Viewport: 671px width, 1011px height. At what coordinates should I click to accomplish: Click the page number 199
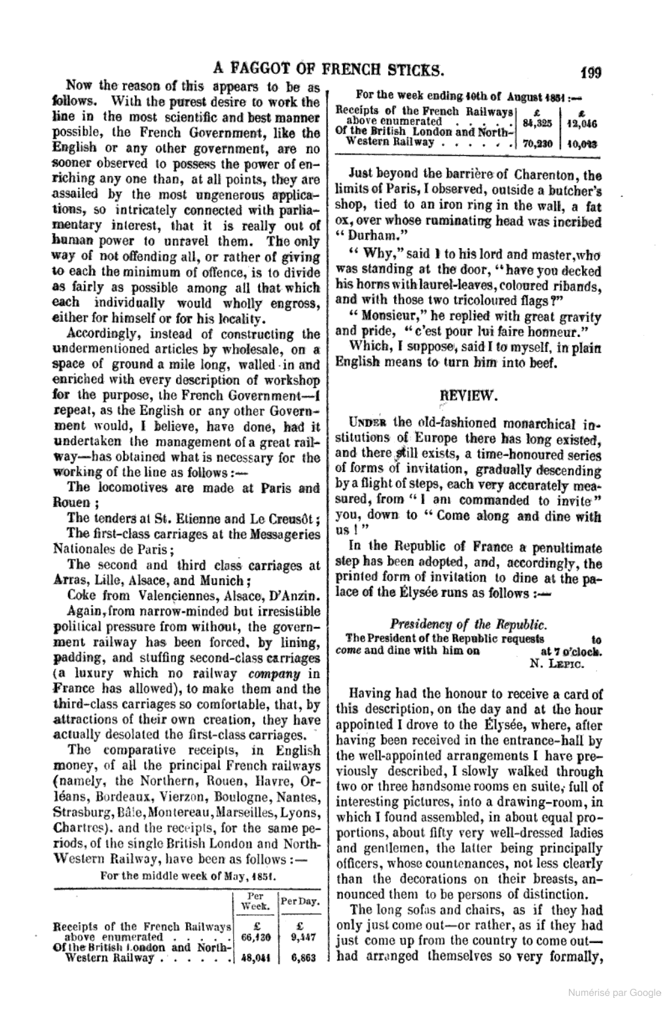pos(589,71)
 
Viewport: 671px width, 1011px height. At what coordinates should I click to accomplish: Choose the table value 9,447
pos(300,937)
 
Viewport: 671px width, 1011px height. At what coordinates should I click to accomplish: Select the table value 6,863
pos(300,957)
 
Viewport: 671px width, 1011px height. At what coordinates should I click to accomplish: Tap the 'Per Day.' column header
pos(300,902)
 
